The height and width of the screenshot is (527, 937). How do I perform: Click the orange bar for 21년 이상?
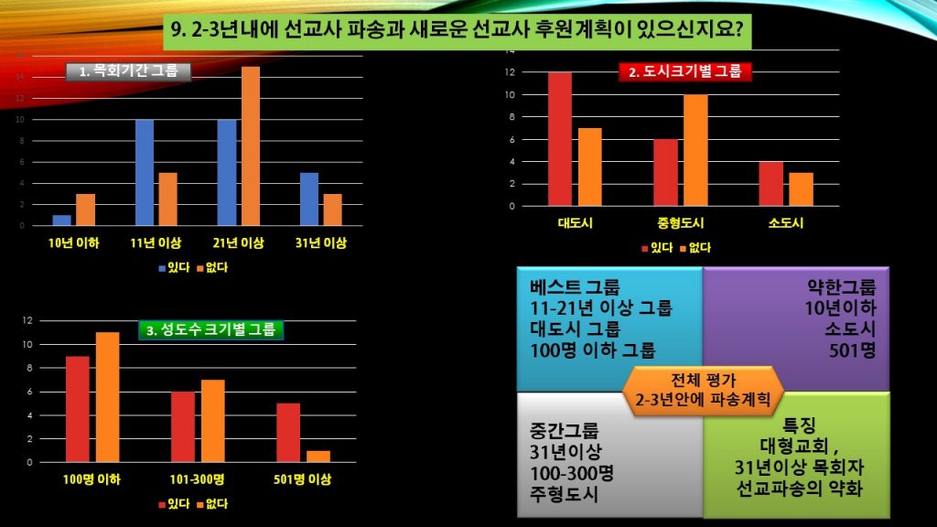pos(251,146)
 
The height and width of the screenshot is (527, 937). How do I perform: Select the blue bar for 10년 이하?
pos(61,220)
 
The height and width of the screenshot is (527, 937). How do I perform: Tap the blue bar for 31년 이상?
pos(310,199)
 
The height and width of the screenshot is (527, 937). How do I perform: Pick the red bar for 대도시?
pos(560,139)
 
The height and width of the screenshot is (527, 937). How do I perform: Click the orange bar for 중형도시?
pos(695,150)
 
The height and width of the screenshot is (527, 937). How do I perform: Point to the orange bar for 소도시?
pos(801,188)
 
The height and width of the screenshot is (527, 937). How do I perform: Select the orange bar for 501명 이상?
pos(318,456)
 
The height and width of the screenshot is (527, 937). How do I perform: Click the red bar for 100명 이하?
pos(78,409)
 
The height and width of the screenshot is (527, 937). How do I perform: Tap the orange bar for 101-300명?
pos(212,421)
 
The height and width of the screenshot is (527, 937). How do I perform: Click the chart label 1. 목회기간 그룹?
pos(129,71)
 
